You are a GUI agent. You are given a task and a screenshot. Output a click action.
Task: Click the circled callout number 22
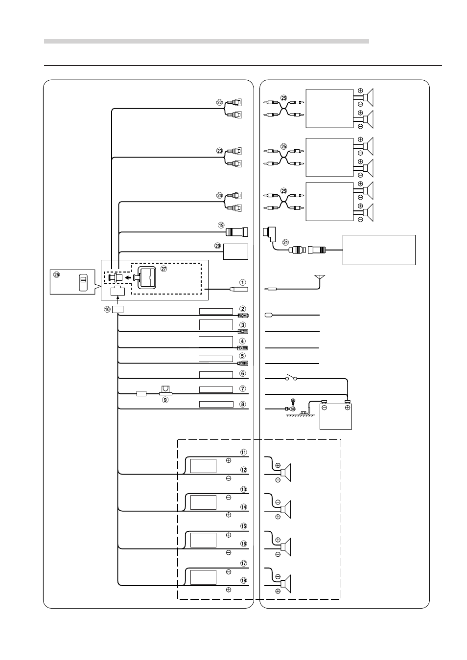coord(219,103)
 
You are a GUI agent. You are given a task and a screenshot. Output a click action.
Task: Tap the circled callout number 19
coord(221,226)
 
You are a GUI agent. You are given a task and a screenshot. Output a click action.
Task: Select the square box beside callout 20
coord(236,251)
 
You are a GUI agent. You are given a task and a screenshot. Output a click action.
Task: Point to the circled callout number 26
coord(57,275)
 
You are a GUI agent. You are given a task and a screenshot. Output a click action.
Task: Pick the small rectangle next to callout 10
coord(118,309)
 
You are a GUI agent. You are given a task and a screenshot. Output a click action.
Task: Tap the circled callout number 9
coord(165,400)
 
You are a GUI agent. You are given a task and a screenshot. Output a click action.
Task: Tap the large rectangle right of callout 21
coord(379,250)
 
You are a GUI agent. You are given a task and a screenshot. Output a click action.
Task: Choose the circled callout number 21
coord(285,241)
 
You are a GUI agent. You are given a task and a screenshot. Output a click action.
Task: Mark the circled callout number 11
coord(243,452)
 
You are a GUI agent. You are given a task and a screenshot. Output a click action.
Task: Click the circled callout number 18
coord(243,580)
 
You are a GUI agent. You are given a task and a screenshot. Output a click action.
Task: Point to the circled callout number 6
coord(242,373)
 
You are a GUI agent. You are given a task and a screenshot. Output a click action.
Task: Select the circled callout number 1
coord(242,282)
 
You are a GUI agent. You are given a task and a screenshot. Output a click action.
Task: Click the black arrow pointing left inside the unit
coord(128,277)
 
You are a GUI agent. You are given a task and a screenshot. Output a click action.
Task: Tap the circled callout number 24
coord(219,196)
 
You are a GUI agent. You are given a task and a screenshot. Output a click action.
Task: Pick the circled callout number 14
coord(243,507)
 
